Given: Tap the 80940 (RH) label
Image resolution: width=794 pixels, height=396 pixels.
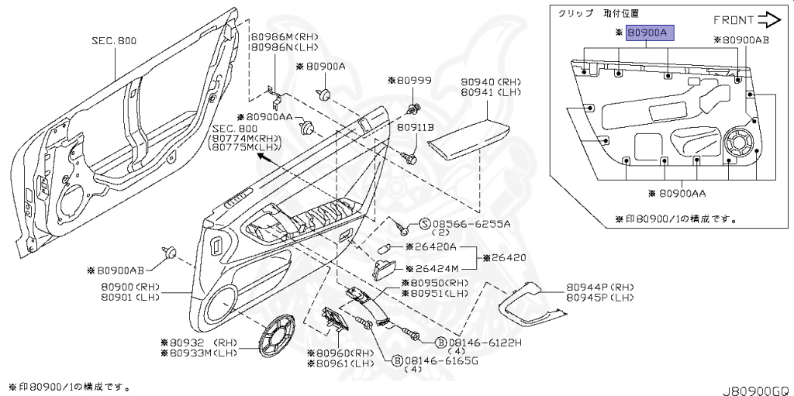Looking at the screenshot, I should click(491, 81).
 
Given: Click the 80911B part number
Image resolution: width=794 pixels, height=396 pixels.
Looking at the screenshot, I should click(416, 126).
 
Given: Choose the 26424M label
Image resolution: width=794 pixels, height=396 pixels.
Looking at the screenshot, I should click(431, 269).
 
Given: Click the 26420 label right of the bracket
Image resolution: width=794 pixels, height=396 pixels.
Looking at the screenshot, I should click(509, 257).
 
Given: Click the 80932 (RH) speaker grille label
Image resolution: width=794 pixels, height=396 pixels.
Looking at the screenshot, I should click(198, 341).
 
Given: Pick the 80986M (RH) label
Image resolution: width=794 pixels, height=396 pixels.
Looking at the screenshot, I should click(276, 36).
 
